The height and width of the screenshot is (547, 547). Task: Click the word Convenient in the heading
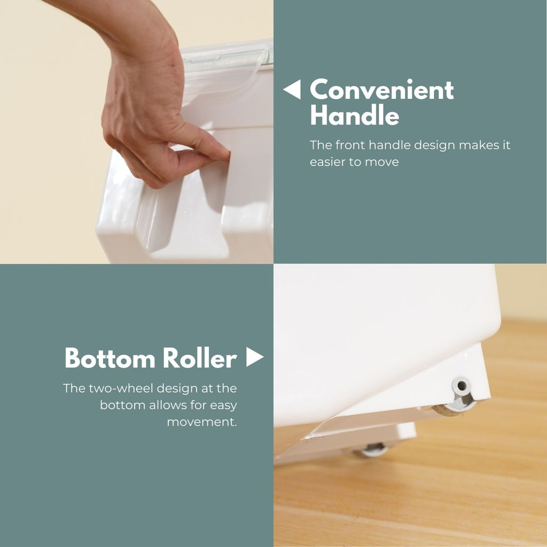[x=381, y=90]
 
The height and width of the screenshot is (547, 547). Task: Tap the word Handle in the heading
[x=355, y=115]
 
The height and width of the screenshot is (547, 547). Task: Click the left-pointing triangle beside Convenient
[x=292, y=89]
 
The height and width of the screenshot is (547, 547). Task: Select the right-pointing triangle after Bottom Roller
[x=255, y=357]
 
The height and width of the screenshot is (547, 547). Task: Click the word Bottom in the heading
[x=110, y=358]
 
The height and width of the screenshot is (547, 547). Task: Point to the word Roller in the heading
[x=200, y=358]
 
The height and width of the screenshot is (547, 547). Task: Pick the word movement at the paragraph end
[x=202, y=422]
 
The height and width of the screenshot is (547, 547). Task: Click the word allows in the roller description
[x=169, y=405]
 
